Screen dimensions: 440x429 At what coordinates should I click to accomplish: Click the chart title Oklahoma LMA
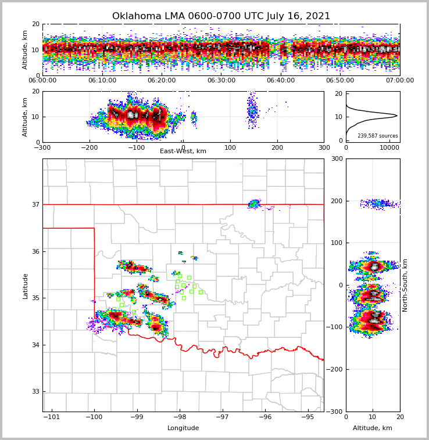click(221, 16)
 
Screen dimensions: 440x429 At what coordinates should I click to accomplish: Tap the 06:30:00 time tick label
click(221, 81)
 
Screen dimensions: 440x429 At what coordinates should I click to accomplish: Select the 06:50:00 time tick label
click(340, 81)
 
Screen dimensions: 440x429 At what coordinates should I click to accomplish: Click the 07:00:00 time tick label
click(399, 81)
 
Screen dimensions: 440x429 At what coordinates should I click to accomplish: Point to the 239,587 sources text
click(378, 136)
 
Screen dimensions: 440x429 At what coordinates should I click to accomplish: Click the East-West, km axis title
click(183, 152)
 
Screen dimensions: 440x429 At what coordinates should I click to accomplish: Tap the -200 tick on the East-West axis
click(90, 147)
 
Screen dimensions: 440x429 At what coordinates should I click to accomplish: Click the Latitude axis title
click(26, 286)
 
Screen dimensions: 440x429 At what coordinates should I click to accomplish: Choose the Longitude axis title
click(183, 428)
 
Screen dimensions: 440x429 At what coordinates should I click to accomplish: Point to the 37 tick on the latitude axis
click(35, 204)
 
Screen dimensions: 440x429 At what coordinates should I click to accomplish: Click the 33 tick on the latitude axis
click(35, 392)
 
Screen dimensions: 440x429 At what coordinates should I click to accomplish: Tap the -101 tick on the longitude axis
click(52, 417)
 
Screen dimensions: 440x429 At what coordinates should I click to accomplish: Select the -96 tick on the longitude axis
click(265, 417)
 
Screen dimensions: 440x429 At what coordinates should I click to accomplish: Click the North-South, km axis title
click(405, 285)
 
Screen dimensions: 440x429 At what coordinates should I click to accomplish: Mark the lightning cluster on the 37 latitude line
click(254, 204)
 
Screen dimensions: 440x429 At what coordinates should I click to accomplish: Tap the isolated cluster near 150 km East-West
click(252, 111)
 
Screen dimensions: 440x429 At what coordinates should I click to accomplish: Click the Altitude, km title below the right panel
click(373, 428)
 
